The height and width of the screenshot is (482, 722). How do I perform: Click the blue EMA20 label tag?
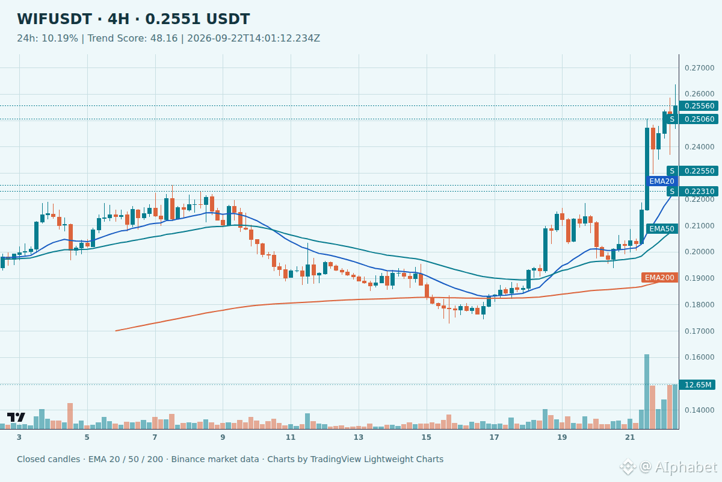662,181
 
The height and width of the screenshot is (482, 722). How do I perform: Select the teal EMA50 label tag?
662,229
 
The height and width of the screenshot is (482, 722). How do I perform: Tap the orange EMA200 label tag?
659,278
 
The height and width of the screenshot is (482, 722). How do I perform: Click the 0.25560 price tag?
699,106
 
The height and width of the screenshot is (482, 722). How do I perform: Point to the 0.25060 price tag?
699,119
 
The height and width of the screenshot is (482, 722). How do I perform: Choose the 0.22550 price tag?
699,171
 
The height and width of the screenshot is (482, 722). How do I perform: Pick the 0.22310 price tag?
699,192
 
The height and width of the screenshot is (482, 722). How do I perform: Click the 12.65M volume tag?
697,385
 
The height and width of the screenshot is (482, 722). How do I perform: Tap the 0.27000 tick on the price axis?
699,68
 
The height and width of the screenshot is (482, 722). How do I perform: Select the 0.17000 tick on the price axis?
699,331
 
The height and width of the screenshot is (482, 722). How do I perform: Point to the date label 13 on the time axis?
359,437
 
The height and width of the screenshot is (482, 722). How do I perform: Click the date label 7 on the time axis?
155,437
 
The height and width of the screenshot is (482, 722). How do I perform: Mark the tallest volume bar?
647,392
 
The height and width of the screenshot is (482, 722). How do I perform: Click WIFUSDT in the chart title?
55,19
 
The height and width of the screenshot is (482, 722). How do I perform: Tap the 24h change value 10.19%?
60,39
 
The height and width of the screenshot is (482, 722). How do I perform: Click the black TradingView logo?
16,417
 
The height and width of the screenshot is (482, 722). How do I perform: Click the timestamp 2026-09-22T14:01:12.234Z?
254,39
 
